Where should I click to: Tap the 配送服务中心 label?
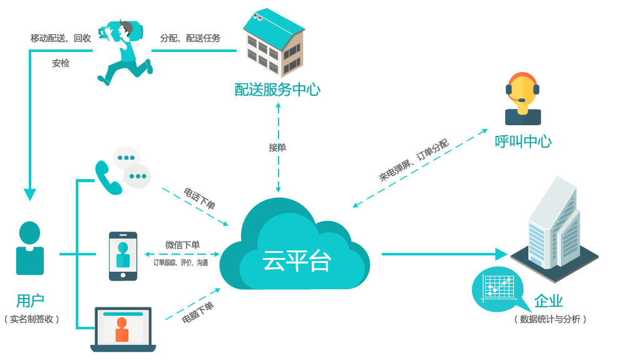coord(277,90)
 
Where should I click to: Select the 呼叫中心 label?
coord(523,141)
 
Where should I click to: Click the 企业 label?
coord(548,301)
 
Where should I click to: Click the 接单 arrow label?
coord(277,148)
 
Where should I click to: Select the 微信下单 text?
coord(182,245)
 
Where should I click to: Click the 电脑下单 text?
coord(198,311)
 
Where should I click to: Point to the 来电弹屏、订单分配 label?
coord(414,160)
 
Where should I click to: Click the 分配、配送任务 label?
coord(190,38)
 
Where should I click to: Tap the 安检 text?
coord(61,63)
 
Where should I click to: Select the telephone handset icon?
coord(107,178)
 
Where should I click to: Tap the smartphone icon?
coord(123,256)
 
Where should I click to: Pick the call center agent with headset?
coord(523,99)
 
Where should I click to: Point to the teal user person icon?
coord(29,248)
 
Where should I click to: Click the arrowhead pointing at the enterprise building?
coord(501,254)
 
